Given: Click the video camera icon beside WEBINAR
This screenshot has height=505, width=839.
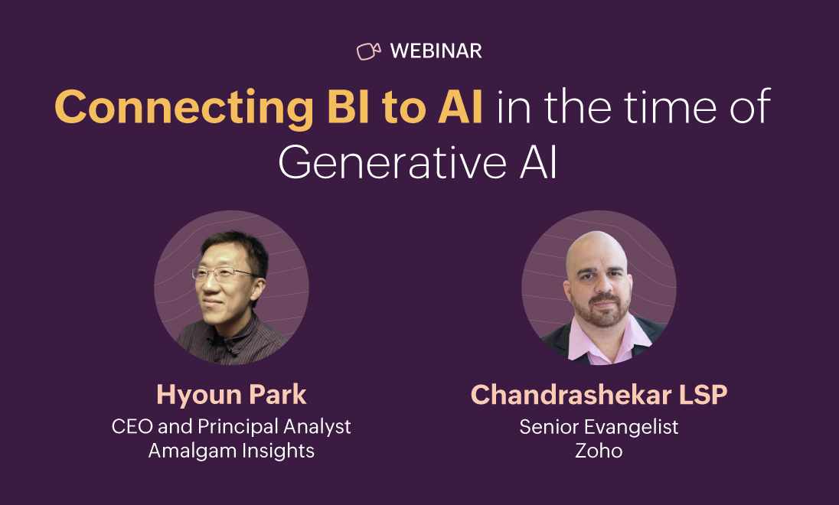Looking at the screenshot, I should click(369, 51).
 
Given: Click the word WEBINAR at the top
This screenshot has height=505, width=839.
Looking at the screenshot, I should click(436, 51).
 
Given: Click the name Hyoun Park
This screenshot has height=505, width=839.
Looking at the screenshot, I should click(231, 395).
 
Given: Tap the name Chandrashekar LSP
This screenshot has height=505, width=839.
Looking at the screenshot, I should click(599, 395).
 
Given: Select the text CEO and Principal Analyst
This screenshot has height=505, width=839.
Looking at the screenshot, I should click(231, 426).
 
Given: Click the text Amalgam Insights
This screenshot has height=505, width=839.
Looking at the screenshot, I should click(231, 451).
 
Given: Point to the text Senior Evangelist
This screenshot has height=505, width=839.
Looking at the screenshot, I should click(599, 426).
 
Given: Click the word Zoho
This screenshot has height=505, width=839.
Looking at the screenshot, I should click(599, 451).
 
